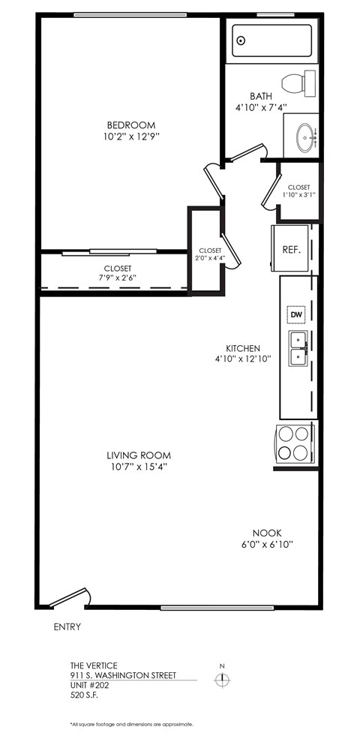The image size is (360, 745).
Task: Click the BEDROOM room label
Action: [130, 125]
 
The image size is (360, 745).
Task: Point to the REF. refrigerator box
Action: [291, 250]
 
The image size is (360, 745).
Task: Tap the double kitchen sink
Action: [298, 347]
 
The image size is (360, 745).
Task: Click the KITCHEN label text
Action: [243, 348]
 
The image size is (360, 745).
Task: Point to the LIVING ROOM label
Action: [138, 455]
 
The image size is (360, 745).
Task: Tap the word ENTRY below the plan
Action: [67, 626]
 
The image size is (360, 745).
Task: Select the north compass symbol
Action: [221, 679]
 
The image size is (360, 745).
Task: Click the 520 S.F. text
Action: [84, 695]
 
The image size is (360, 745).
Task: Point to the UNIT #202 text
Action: [89, 685]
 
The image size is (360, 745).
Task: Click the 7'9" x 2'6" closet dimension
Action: [118, 277]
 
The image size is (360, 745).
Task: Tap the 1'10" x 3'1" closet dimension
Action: [298, 194]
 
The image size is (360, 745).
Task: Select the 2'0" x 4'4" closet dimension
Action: [210, 259]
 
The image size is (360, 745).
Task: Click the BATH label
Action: [261, 96]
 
